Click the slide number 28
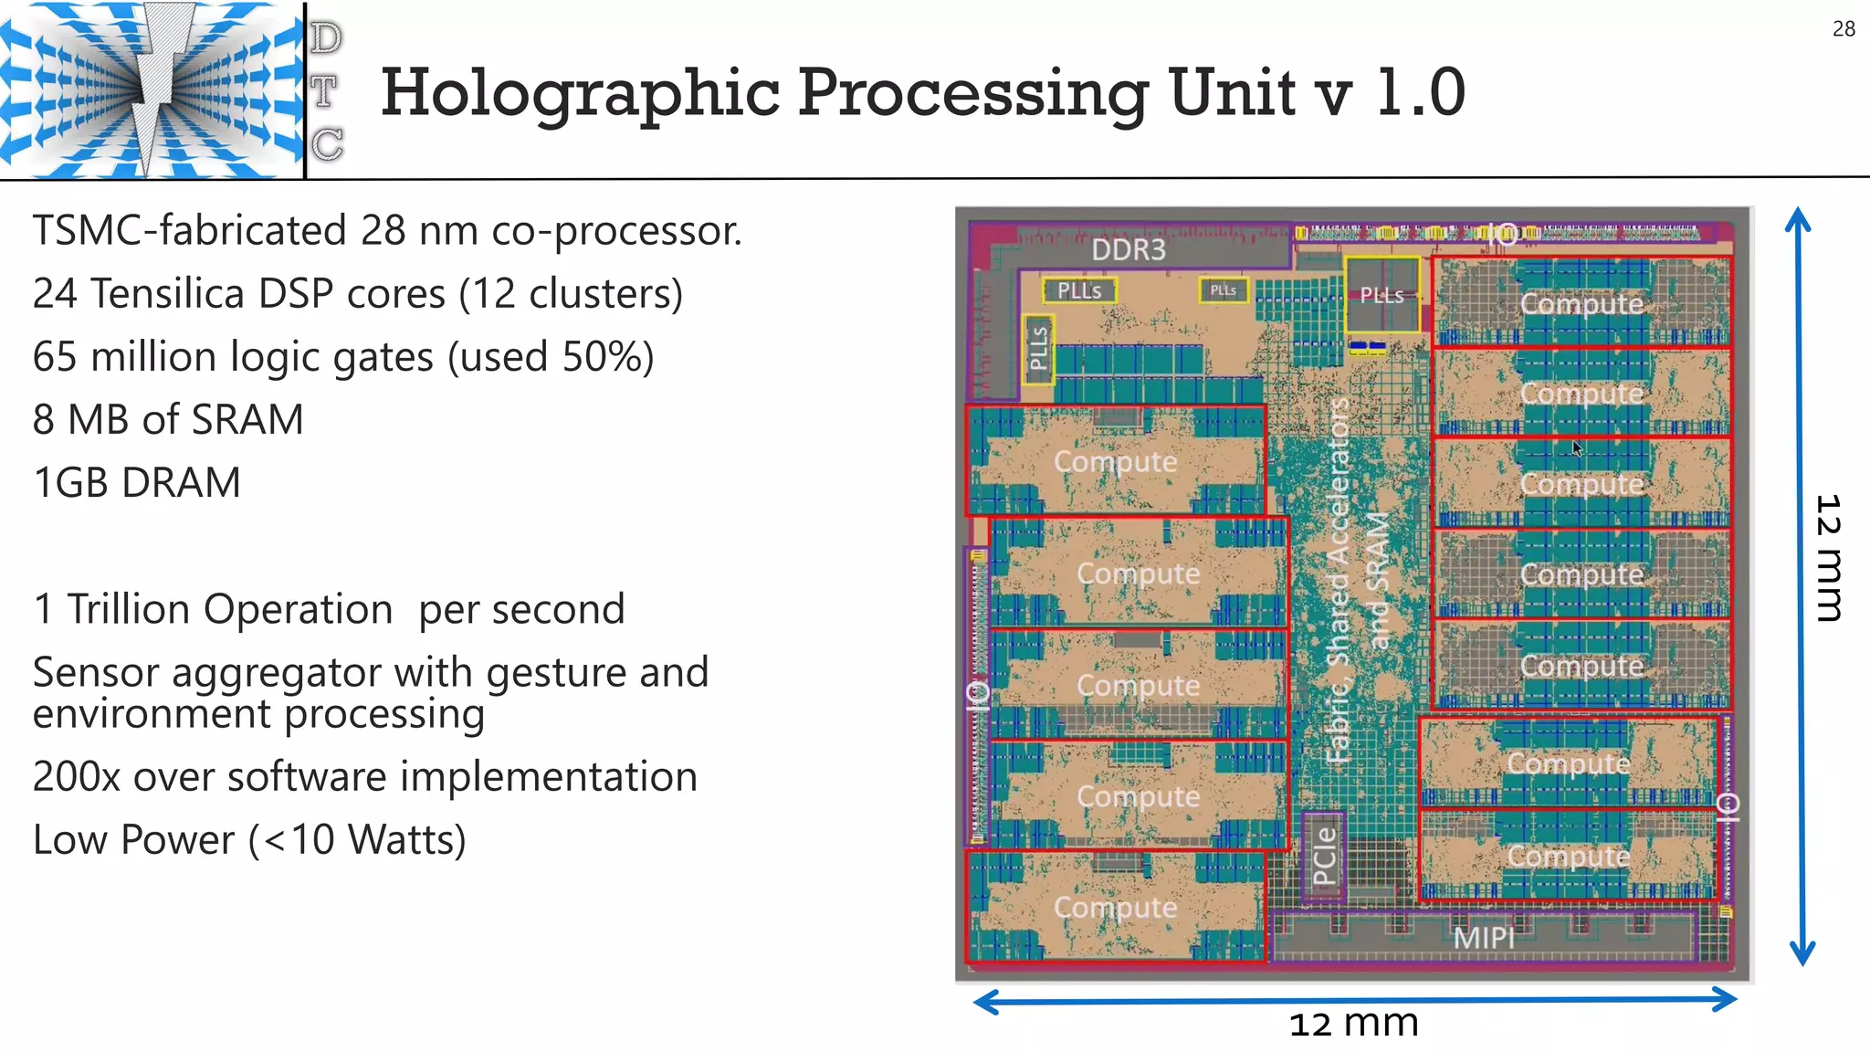click(x=1844, y=29)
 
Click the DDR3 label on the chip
click(x=1129, y=249)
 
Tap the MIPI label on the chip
click(x=1483, y=937)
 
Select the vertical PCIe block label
click(x=1324, y=856)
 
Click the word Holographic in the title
click(x=580, y=93)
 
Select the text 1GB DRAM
click(x=137, y=482)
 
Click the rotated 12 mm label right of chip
click(x=1828, y=558)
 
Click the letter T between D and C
click(x=324, y=91)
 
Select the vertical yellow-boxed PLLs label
click(x=1038, y=349)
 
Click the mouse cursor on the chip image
click(x=1577, y=448)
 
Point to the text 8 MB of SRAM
click(x=168, y=420)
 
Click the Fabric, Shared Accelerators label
click(x=1339, y=581)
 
